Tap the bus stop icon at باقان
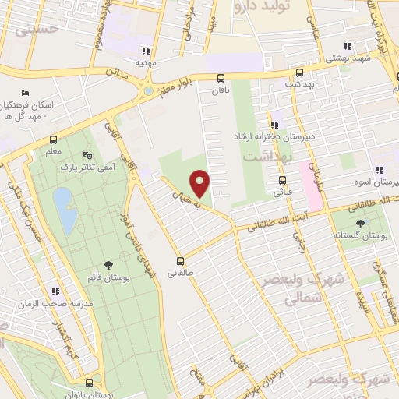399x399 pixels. pos(221,78)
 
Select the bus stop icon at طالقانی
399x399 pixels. pos(181,261)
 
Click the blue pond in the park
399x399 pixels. pos(65,210)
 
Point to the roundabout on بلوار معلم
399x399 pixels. pos(147,92)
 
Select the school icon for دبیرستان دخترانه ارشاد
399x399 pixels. pos(274,125)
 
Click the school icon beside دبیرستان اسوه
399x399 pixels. pos(379,170)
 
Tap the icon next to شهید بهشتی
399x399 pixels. pos(348,46)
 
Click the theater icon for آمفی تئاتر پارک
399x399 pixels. pos(86,154)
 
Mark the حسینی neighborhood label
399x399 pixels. pos(20,32)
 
